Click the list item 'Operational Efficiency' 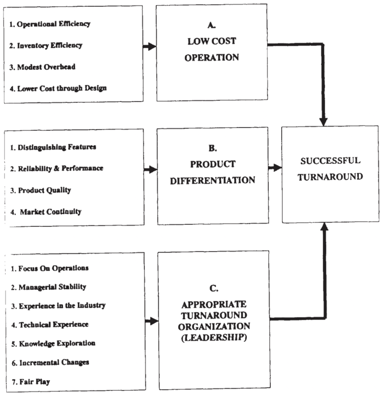(50, 24)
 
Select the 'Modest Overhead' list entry (42, 67)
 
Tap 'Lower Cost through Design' (58, 89)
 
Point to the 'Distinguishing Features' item (53, 147)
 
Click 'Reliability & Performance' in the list (57, 169)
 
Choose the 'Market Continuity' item (46, 212)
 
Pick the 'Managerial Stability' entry (49, 287)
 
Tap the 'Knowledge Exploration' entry (53, 343)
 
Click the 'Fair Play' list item (31, 382)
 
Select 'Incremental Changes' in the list (51, 363)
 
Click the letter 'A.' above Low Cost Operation (211, 25)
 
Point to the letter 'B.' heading (212, 148)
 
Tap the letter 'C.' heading (214, 288)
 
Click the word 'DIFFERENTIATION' (212, 180)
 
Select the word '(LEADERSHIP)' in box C (214, 338)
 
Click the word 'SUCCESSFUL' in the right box (330, 161)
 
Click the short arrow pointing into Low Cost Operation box (150, 47)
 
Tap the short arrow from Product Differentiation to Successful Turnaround (275, 168)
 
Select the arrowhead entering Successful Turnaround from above (324, 122)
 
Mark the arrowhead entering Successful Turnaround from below (325, 227)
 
